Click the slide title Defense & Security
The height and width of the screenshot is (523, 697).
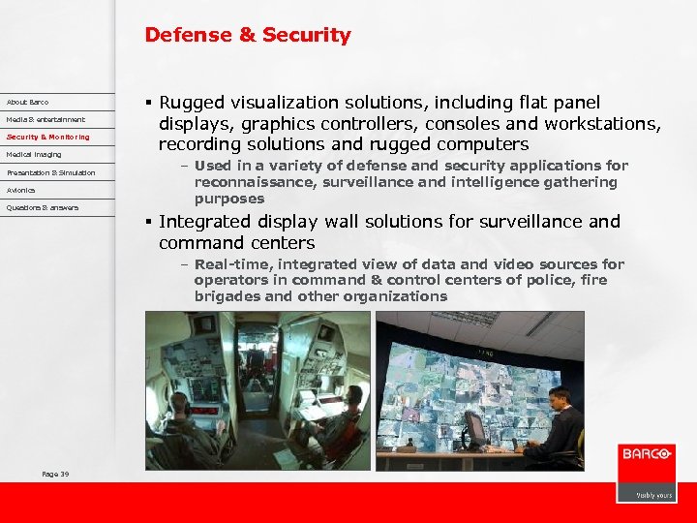pos(248,35)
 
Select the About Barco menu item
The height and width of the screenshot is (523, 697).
pos(27,102)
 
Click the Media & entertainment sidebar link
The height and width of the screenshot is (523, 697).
pos(45,119)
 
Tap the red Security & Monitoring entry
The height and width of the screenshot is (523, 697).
pos(47,137)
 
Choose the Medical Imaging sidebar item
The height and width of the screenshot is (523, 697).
pos(33,154)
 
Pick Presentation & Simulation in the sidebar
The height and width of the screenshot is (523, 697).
pos(50,172)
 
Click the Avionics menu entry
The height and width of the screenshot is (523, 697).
pos(20,190)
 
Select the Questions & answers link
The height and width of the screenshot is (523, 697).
pos(43,207)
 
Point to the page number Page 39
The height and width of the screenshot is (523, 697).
pos(55,474)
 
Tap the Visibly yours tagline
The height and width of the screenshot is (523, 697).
pos(653,494)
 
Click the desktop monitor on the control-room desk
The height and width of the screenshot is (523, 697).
pos(474,427)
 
